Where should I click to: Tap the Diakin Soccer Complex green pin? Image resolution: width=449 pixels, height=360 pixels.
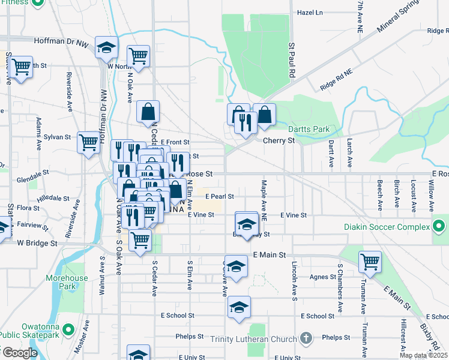pos(439,227)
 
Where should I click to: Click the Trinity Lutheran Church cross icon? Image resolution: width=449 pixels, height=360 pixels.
pos(306,339)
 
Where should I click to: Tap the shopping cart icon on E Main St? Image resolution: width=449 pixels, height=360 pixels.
pos(370,262)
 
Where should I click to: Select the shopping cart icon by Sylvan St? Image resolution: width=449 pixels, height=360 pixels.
pos(88,143)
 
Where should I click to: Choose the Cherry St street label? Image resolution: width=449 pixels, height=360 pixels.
pos(279,140)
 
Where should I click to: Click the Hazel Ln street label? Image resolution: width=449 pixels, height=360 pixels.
pos(310,12)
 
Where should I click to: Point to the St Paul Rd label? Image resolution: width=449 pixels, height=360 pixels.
pos(292,60)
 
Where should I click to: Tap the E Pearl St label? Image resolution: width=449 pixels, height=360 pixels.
pos(219,196)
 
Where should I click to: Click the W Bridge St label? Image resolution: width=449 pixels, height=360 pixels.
pos(37,244)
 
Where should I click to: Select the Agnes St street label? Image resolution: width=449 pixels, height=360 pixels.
pos(324,277)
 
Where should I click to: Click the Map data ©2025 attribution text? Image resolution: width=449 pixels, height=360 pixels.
pos(423,355)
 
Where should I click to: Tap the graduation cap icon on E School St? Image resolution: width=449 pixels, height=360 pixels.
pos(239,308)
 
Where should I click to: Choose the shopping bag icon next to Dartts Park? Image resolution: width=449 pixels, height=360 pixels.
pos(264,115)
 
